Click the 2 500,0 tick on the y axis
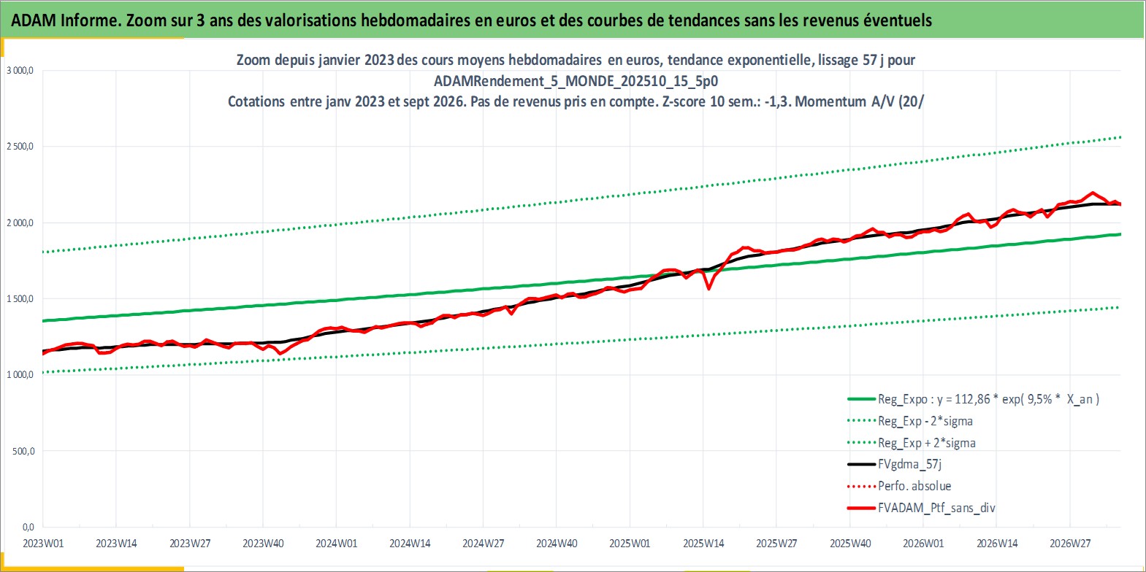[20, 147]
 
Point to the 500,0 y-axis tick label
[23, 451]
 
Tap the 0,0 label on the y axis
[28, 527]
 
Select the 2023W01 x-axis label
[44, 544]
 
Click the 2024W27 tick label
[484, 544]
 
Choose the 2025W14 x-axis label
[703, 544]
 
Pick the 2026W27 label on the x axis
[1070, 544]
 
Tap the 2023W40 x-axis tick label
[264, 544]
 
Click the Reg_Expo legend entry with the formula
[974, 399]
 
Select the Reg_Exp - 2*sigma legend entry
[910, 421]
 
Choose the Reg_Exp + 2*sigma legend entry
[912, 443]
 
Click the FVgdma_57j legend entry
[894, 464]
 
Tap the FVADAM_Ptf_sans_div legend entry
[922, 508]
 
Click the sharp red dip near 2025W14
[709, 289]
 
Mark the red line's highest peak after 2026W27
[1093, 193]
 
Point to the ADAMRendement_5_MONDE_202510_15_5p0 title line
[576, 81]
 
